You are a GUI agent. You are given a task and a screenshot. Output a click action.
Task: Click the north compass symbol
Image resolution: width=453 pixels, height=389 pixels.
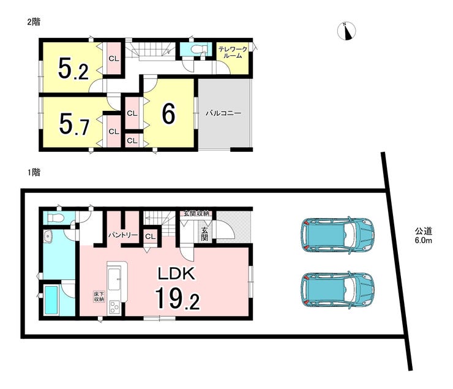(346, 31)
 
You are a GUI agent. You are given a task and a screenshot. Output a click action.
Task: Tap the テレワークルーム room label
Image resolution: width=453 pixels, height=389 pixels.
(233, 52)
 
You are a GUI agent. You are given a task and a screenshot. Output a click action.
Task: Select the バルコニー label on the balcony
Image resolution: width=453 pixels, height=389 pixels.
(223, 113)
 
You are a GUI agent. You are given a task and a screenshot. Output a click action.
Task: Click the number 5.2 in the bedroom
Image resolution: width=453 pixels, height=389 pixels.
(73, 69)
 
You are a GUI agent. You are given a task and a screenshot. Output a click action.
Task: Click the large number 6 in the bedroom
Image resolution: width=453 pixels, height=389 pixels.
(168, 113)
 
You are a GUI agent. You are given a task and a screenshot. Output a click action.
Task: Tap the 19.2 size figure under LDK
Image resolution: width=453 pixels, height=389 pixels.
(178, 298)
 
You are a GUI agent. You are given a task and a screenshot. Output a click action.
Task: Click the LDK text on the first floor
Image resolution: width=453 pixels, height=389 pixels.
(176, 273)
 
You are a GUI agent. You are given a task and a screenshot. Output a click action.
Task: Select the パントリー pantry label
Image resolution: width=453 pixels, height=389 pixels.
(123, 235)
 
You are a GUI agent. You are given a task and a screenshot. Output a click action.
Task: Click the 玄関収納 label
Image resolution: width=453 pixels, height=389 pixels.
(197, 214)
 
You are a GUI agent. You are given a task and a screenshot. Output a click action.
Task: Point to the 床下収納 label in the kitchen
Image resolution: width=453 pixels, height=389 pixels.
(99, 297)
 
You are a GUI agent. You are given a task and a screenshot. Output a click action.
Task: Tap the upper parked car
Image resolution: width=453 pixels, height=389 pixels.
(337, 235)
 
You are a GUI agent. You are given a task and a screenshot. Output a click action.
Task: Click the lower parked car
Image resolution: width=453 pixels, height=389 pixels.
(337, 290)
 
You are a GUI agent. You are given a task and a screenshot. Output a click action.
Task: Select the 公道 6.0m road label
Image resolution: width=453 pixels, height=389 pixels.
(424, 235)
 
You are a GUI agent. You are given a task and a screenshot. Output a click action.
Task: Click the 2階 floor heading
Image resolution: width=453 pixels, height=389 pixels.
(34, 21)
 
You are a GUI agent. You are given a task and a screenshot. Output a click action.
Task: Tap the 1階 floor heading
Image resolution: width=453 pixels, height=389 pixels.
(34, 173)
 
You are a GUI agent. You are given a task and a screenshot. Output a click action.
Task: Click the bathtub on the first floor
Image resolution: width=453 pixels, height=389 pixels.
(51, 300)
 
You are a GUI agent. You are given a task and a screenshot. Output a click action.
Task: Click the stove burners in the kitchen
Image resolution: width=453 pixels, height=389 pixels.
(114, 308)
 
